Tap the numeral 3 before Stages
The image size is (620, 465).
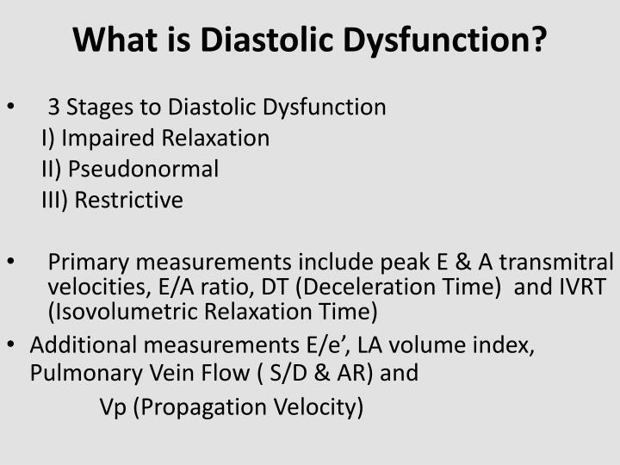[x=54, y=108]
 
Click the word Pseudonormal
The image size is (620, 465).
[x=143, y=170]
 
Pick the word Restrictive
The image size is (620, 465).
[x=128, y=201]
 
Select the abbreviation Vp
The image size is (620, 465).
[x=113, y=406]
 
